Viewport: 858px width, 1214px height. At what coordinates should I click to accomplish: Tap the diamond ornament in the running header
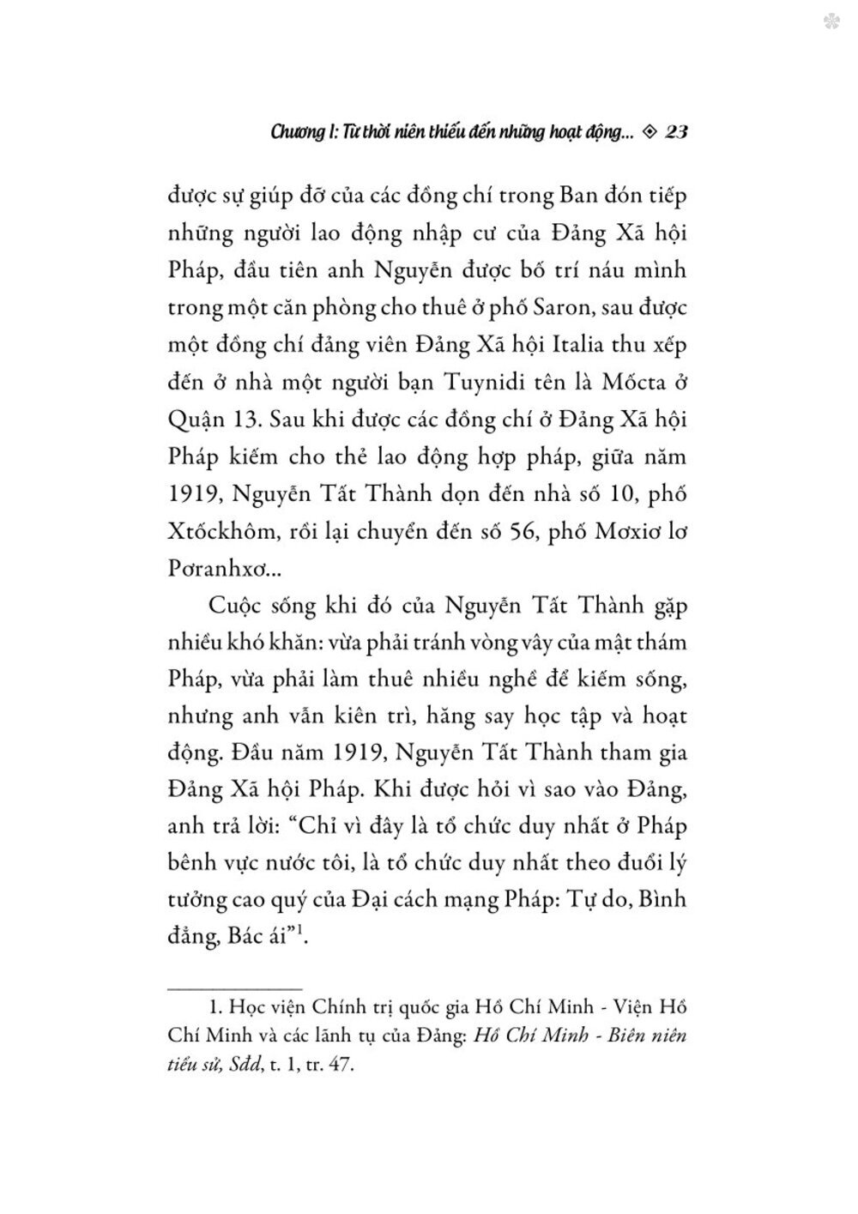[650, 132]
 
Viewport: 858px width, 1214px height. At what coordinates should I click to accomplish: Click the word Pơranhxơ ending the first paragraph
[217, 568]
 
